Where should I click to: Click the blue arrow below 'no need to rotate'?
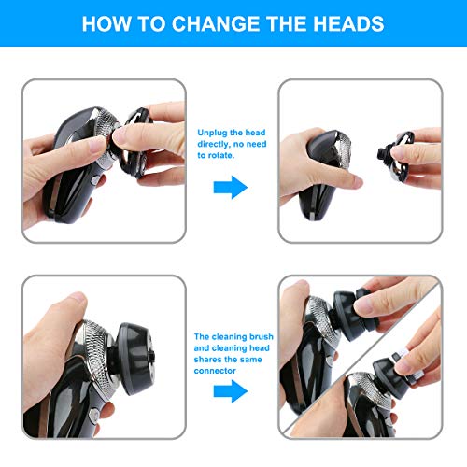tap(230, 187)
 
